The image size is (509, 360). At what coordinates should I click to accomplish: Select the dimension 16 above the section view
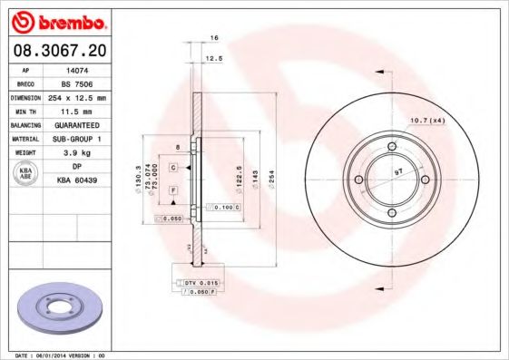[214, 38]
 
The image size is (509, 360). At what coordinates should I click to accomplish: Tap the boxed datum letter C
[172, 155]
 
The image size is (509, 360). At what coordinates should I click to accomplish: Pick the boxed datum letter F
[172, 190]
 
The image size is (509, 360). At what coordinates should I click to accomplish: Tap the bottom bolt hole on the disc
[391, 213]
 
